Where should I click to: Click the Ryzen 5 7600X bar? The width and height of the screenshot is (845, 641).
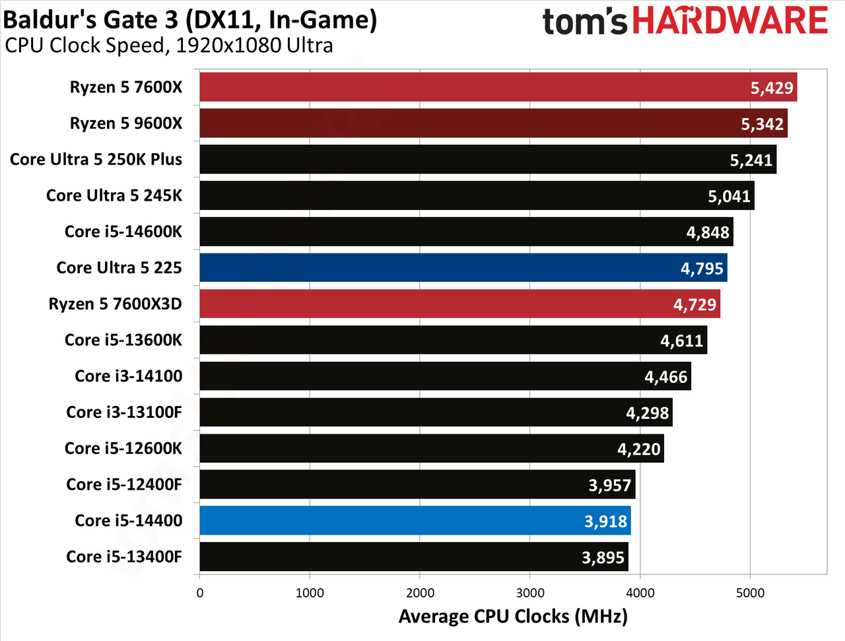(x=498, y=87)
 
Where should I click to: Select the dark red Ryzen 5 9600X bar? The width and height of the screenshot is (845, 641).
(x=494, y=123)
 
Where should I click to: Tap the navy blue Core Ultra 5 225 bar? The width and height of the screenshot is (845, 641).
(x=463, y=267)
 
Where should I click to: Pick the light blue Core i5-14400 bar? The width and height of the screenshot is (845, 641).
(x=415, y=520)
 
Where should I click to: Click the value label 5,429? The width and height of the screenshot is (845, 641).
(x=772, y=88)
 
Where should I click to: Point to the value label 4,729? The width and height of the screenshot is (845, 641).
(x=694, y=305)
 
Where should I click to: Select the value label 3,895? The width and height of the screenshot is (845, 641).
(x=603, y=557)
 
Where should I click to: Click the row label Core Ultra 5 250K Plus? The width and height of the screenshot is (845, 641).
(x=96, y=159)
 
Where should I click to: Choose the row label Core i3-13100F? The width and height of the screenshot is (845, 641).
(x=124, y=412)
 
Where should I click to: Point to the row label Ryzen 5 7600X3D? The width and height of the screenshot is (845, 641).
(x=115, y=304)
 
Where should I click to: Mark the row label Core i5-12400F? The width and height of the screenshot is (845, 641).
(x=124, y=485)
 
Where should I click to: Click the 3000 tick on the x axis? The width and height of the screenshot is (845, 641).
(x=530, y=593)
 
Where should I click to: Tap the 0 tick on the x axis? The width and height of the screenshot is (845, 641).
(x=199, y=593)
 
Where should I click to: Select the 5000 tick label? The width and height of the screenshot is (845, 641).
(x=751, y=593)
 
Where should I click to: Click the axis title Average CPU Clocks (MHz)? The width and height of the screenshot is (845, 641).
(x=513, y=617)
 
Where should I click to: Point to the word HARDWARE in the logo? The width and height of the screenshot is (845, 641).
(x=730, y=20)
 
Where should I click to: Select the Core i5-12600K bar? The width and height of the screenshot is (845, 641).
(x=432, y=448)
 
